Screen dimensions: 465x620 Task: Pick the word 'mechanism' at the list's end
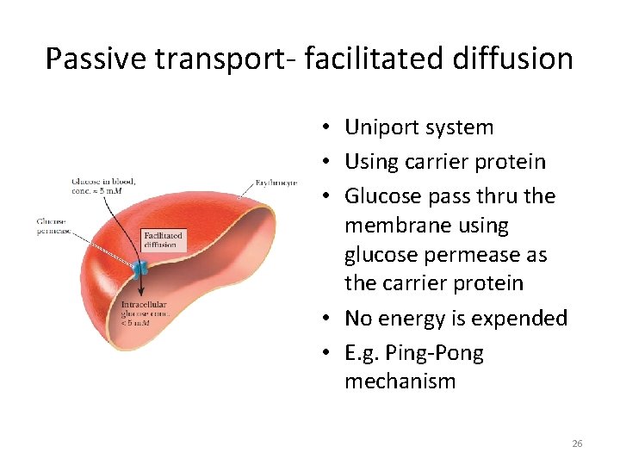pos(400,381)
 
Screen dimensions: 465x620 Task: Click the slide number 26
pos(577,443)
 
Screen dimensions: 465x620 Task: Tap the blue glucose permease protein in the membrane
pos(139,268)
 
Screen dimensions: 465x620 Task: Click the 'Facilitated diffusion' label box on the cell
pos(163,239)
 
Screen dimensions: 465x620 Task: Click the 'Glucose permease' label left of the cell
pos(52,226)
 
